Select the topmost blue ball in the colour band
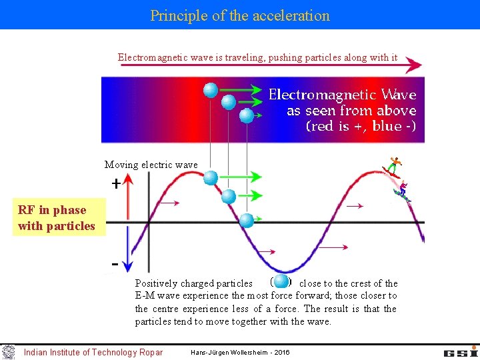click(x=211, y=89)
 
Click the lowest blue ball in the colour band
click(x=247, y=115)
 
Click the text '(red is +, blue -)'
click(x=361, y=126)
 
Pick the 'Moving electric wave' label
click(x=151, y=165)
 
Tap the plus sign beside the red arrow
click(x=116, y=183)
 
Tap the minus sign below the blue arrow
click(x=115, y=265)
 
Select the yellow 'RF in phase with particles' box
click(x=57, y=218)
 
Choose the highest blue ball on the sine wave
click(x=211, y=177)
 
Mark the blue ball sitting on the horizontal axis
click(x=247, y=220)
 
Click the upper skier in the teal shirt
click(x=394, y=164)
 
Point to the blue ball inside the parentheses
click(x=281, y=281)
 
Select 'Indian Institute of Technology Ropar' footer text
click(x=93, y=352)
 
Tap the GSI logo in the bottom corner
click(x=461, y=351)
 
